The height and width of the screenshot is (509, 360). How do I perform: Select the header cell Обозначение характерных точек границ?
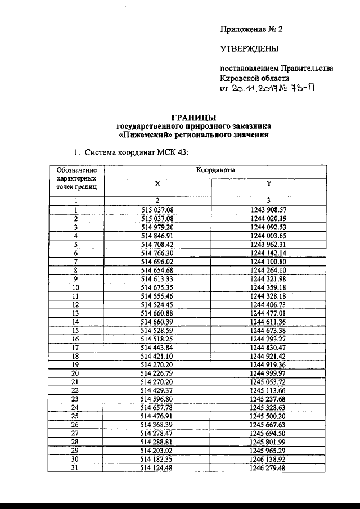point(77,178)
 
